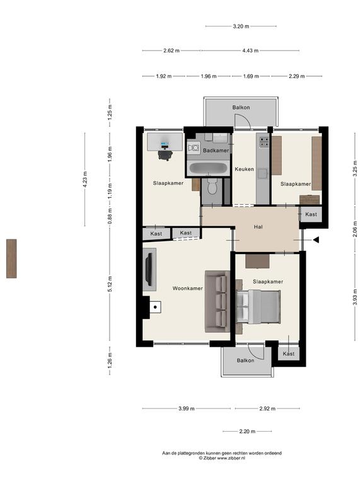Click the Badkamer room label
coord(216,151)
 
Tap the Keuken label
coord(244,169)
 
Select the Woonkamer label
coord(187,288)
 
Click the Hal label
coord(258,227)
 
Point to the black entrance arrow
coord(316,239)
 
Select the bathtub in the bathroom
coord(208,168)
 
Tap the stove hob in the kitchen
coord(264,142)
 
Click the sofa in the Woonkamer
coord(217,302)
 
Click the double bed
coord(258,307)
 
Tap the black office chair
coord(165,154)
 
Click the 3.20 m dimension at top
coord(241,26)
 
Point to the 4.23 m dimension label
coord(85,178)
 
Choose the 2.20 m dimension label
coord(247,432)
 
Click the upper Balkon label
coord(241,107)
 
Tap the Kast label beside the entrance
coord(311,214)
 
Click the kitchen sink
coord(263,174)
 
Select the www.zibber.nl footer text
coord(231,458)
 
